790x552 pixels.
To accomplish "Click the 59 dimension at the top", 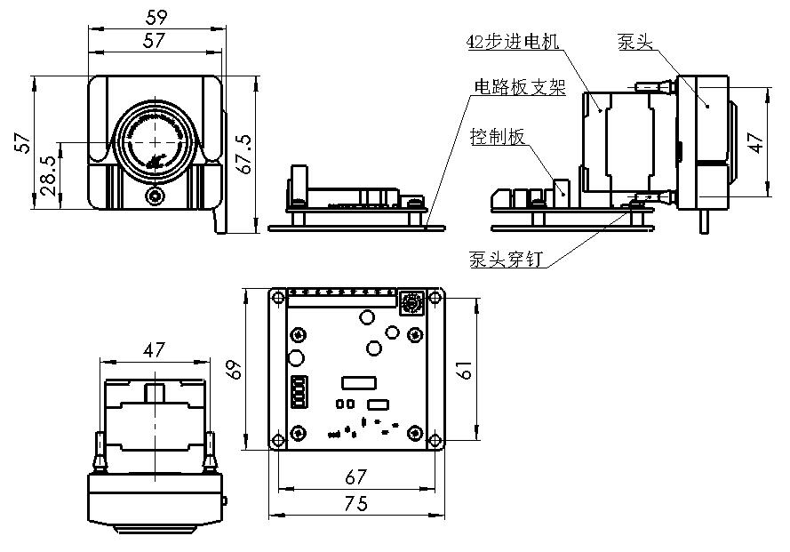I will tap(156, 16).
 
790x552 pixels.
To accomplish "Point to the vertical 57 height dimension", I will tap(24, 142).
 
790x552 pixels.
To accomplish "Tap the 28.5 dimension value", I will tap(50, 176).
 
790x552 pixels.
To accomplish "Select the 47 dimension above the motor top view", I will tap(154, 350).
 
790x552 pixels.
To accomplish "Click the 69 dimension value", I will tap(235, 367).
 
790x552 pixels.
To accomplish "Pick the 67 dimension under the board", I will tap(355, 477).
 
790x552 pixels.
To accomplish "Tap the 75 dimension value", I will tap(355, 503).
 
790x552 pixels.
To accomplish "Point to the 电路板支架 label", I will tap(519, 87).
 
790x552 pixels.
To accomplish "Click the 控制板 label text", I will tap(497, 136).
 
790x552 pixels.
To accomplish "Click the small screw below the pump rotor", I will tap(156, 196).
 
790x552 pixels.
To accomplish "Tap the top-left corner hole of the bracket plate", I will tap(278, 295).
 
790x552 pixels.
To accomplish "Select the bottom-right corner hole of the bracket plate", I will tap(435, 441).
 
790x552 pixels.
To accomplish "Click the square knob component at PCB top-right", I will tap(411, 303).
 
